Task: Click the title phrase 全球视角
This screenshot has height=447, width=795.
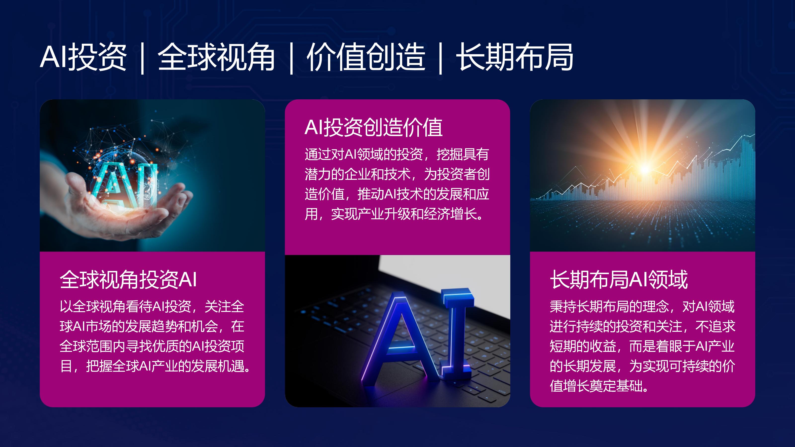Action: tap(216, 57)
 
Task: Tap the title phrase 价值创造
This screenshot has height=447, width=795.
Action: tap(366, 57)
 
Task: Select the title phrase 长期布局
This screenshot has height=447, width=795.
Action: tap(515, 57)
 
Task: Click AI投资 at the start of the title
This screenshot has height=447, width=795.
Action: tap(83, 57)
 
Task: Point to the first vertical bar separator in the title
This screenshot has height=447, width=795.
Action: tap(142, 58)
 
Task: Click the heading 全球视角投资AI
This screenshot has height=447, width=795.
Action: tap(128, 279)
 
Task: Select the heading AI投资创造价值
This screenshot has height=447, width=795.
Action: tap(373, 127)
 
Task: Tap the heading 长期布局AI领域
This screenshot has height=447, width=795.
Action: tap(619, 279)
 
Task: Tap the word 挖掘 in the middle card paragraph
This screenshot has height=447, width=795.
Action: tap(449, 154)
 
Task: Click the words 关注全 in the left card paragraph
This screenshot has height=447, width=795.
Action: tap(224, 307)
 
